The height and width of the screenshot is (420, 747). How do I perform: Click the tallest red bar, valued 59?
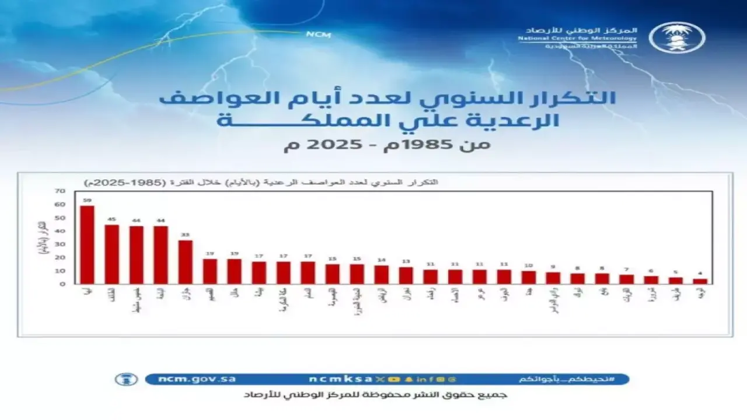(87, 245)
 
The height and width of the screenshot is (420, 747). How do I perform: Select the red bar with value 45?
(111, 254)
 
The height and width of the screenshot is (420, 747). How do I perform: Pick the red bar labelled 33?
(185, 262)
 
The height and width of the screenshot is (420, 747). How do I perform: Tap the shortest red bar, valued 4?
(700, 281)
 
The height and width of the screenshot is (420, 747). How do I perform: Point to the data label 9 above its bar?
(553, 267)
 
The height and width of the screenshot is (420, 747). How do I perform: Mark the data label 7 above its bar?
(626, 269)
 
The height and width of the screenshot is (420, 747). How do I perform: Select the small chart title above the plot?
(261, 183)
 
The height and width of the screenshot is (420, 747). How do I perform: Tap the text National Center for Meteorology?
(578, 38)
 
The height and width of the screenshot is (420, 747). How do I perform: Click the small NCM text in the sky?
(318, 34)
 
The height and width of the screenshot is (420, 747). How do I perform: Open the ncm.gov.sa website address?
(197, 379)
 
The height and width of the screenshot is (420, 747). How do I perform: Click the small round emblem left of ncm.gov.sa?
(126, 379)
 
